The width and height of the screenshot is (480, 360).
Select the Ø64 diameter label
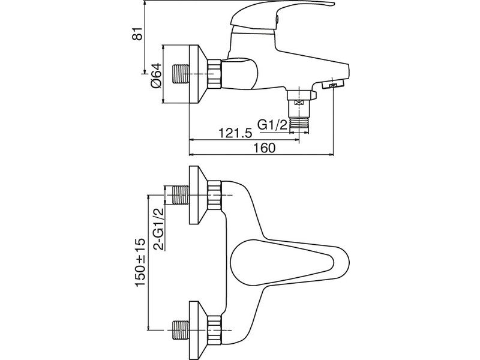(x=156, y=76)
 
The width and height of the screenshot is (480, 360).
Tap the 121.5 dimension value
(x=235, y=133)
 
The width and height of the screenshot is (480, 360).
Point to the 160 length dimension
(x=265, y=148)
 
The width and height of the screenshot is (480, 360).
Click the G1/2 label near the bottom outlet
(x=272, y=125)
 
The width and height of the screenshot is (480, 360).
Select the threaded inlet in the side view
(x=181, y=74)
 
